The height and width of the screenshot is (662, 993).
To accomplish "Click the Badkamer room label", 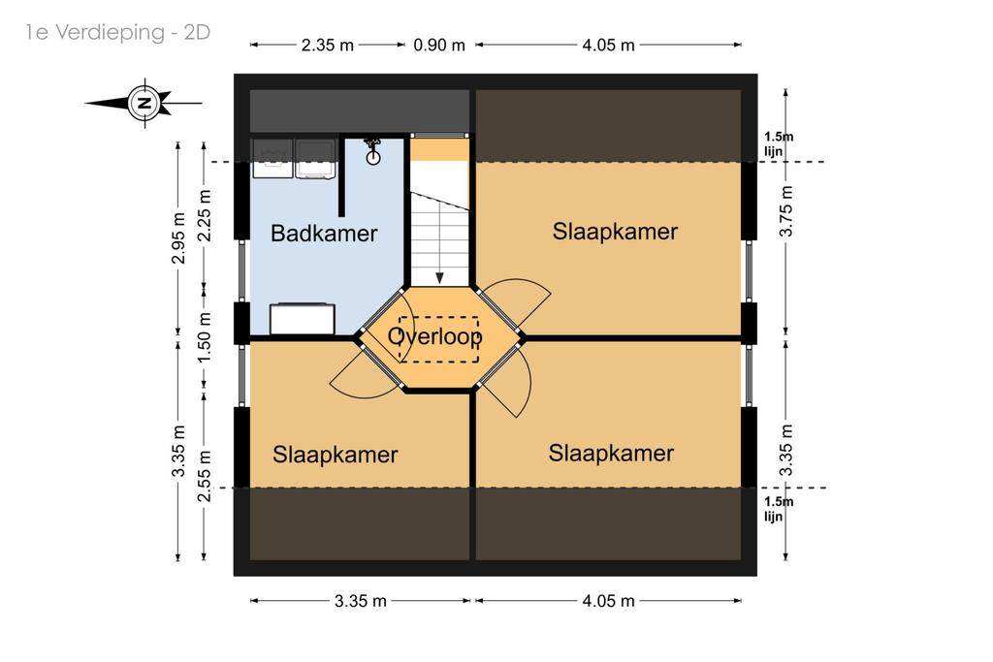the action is point(324,234).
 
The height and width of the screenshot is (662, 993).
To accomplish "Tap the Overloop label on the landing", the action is point(435,336).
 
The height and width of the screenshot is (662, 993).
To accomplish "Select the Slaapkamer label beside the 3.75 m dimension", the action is point(615,232).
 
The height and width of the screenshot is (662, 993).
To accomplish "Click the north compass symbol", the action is point(145,103).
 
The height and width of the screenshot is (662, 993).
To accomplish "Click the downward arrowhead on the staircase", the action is point(439,278).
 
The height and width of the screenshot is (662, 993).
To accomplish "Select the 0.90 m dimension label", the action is point(439,46).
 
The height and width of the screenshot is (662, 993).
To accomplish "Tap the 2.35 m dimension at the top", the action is point(327,46).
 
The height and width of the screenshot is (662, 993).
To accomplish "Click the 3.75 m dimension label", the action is point(785,211).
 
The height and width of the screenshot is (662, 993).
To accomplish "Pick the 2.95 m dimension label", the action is point(178,238).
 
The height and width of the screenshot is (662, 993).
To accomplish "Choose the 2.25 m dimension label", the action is point(205,216).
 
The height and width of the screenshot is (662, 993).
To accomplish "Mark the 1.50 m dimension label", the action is point(204,337).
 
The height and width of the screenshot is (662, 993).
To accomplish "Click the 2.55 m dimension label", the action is point(204,476).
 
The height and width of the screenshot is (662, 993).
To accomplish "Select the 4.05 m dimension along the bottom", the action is point(608,601).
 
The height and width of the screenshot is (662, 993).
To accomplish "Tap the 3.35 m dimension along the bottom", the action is point(361,601).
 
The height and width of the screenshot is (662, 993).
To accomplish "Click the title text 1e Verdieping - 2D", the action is point(117,32).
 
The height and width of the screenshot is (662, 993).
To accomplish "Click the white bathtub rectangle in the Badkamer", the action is point(303,319).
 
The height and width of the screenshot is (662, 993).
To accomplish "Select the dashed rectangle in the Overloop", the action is point(439,339).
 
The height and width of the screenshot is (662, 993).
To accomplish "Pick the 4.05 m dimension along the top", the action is point(608,46).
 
